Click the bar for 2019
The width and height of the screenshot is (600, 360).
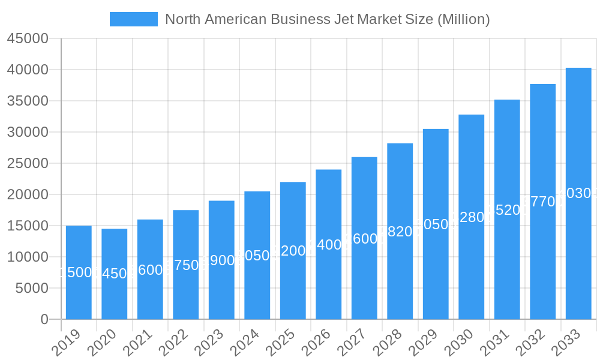[79, 272]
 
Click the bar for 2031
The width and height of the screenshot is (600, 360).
[507, 209]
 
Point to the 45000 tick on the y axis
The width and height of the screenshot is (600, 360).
[27, 39]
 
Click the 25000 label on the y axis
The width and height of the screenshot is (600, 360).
[27, 164]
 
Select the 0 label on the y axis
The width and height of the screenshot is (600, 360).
[44, 320]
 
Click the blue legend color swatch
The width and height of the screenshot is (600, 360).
[133, 19]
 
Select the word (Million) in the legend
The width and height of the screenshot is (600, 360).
[463, 19]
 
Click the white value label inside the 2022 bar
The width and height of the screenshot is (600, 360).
[186, 265]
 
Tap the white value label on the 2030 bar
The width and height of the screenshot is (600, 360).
[472, 217]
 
